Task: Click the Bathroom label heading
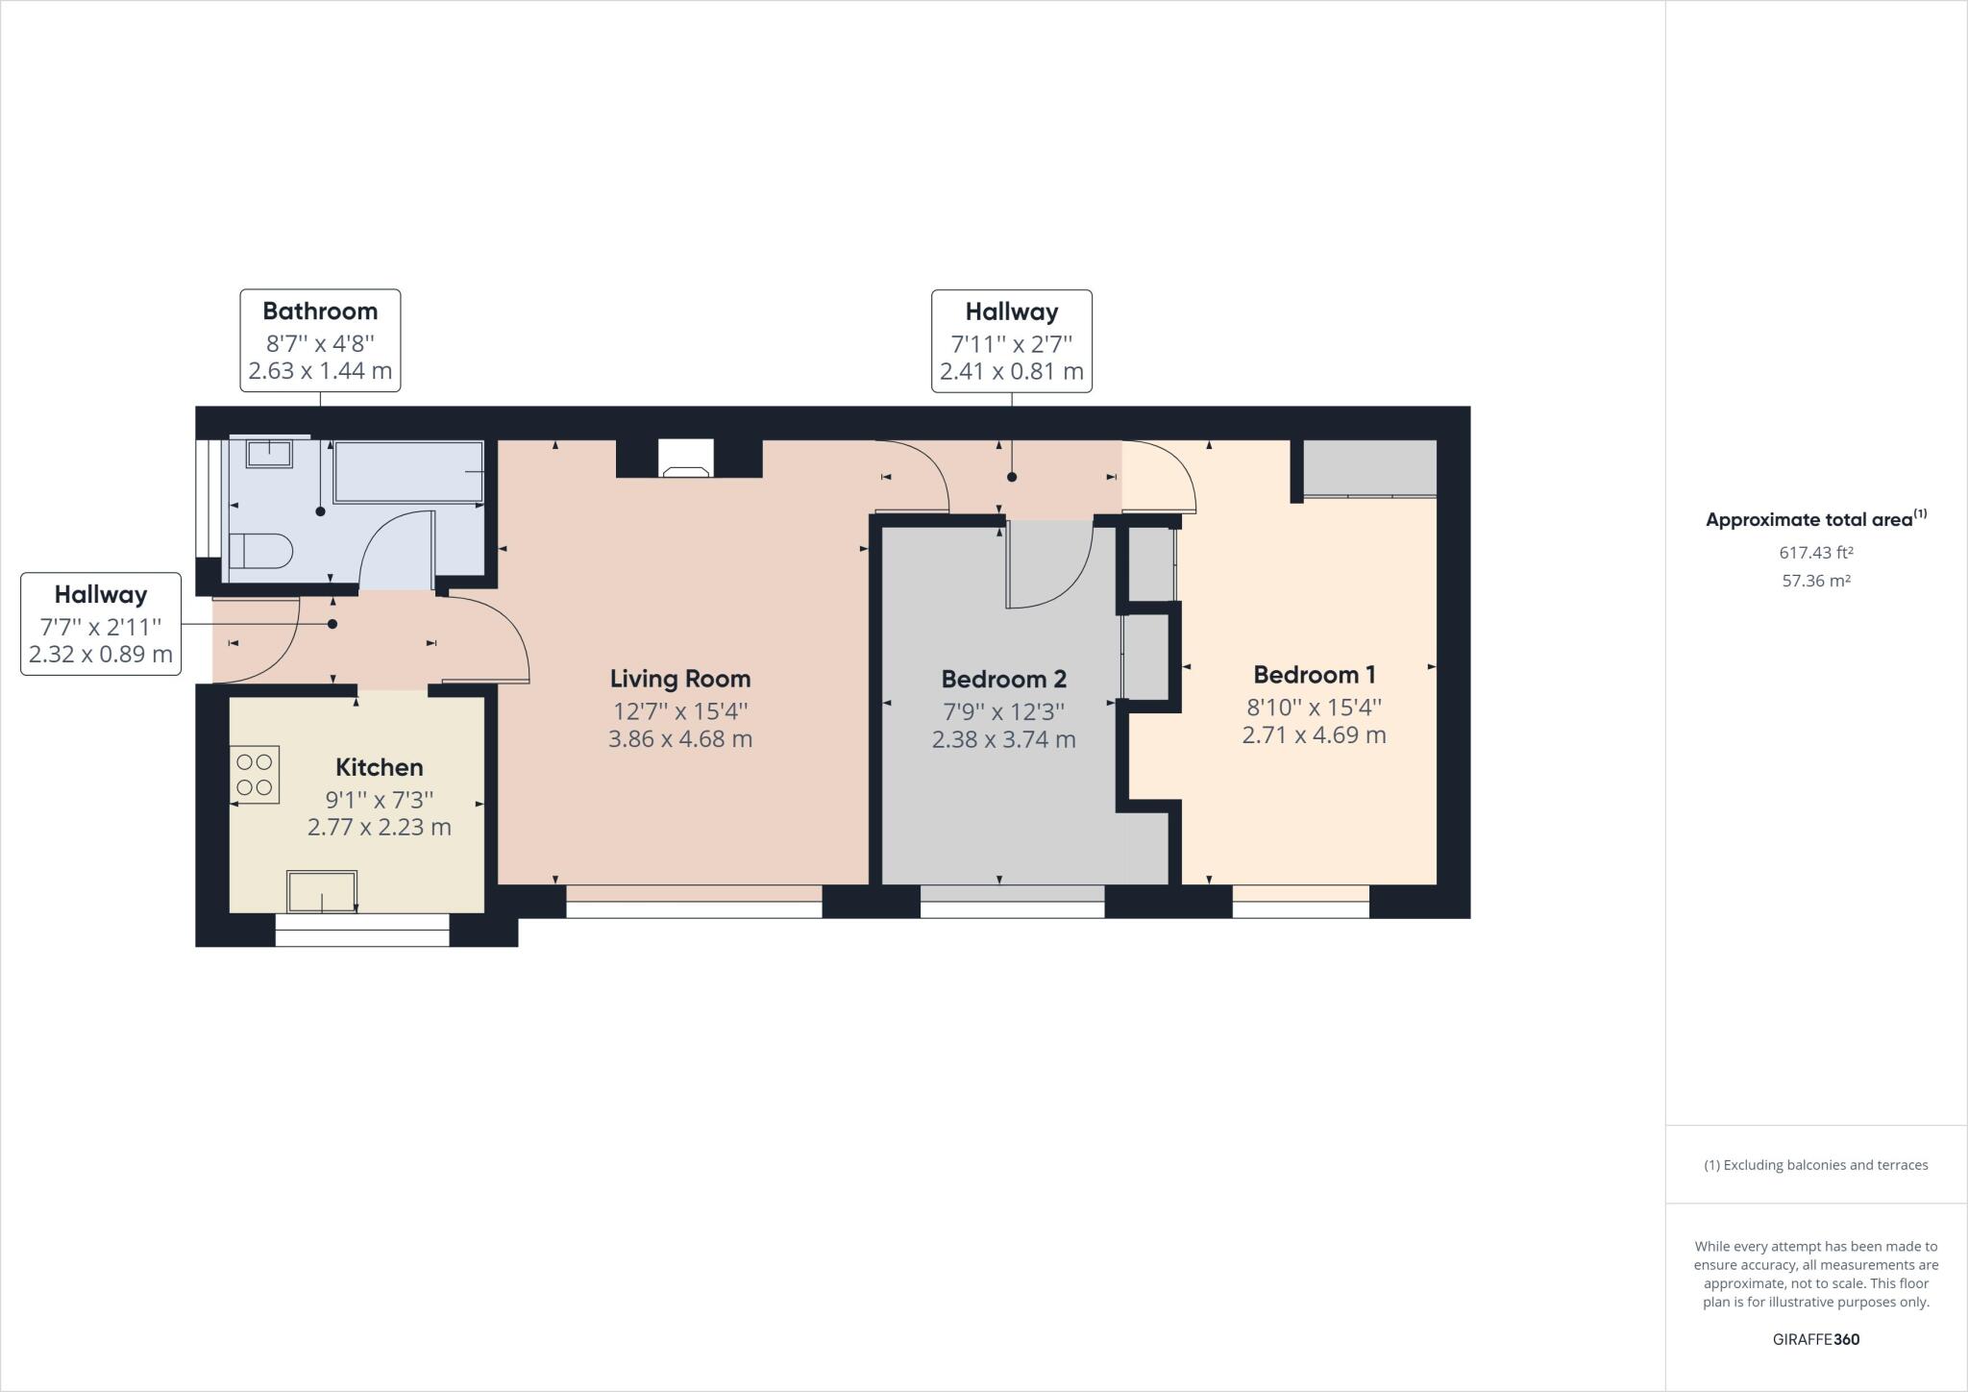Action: [320, 311]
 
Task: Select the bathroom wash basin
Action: [269, 453]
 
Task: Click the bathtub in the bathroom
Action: [408, 472]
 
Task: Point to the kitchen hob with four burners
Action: [255, 775]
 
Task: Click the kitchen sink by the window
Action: [322, 891]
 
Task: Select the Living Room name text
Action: [679, 679]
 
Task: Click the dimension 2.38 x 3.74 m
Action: [1003, 739]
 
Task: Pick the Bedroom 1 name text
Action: [1314, 675]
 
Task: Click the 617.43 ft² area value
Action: [1815, 553]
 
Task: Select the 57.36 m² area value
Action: [1815, 581]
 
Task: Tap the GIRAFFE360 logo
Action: [1815, 1339]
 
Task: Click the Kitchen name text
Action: [379, 767]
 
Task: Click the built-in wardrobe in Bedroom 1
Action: [1369, 468]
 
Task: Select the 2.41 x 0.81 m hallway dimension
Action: [1011, 371]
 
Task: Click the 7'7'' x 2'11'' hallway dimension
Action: [100, 627]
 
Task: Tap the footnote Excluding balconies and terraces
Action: [1815, 1165]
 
